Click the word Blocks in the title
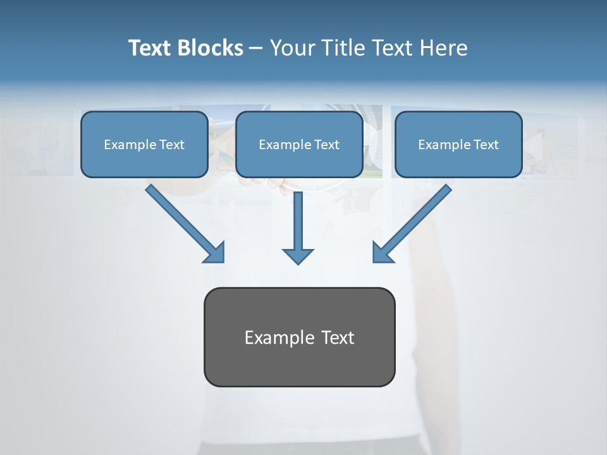[x=211, y=48]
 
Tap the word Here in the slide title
[x=445, y=48]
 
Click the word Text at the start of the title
[x=151, y=48]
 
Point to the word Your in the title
[x=291, y=48]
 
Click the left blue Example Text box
[x=144, y=144]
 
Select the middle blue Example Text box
[x=299, y=144]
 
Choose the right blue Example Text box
[x=458, y=144]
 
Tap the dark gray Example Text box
[x=299, y=337]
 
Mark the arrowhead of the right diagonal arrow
[x=382, y=252]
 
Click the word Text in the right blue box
[x=485, y=145]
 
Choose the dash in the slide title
[x=256, y=49]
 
